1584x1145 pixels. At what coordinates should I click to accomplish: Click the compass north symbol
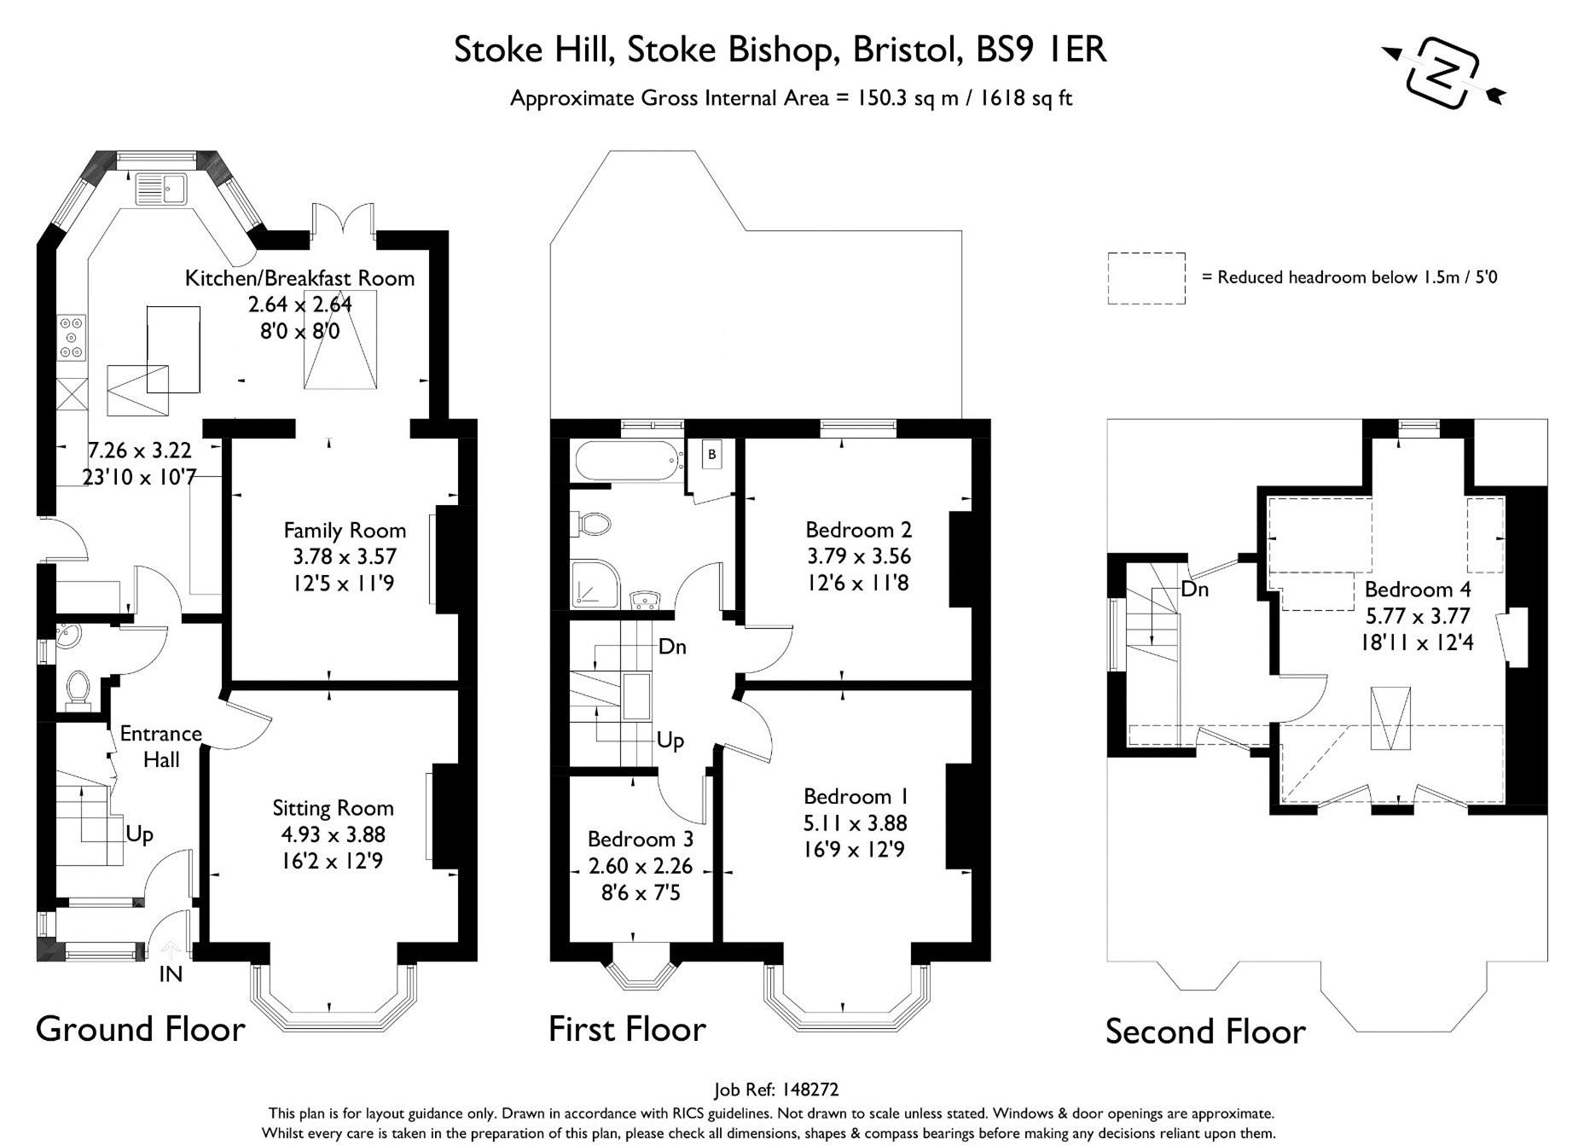pyautogui.click(x=1443, y=73)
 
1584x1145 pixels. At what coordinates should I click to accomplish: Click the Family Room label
pyautogui.click(x=345, y=531)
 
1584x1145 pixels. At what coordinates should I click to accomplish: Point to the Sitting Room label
pyautogui.click(x=333, y=808)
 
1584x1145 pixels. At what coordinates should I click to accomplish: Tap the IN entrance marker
pyautogui.click(x=171, y=974)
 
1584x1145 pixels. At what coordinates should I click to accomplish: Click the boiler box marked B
pyautogui.click(x=711, y=455)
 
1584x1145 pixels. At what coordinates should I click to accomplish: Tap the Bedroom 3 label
pyautogui.click(x=640, y=840)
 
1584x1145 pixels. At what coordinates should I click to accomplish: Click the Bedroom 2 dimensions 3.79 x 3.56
pyautogui.click(x=859, y=556)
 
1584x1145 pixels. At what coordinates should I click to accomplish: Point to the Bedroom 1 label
pyautogui.click(x=856, y=797)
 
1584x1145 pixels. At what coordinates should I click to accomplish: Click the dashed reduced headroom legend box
pyautogui.click(x=1146, y=278)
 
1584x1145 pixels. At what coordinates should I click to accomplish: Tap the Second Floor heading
pyautogui.click(x=1205, y=1032)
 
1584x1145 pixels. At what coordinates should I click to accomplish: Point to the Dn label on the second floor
pyautogui.click(x=1195, y=590)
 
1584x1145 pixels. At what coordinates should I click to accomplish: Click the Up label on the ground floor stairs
pyautogui.click(x=140, y=834)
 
